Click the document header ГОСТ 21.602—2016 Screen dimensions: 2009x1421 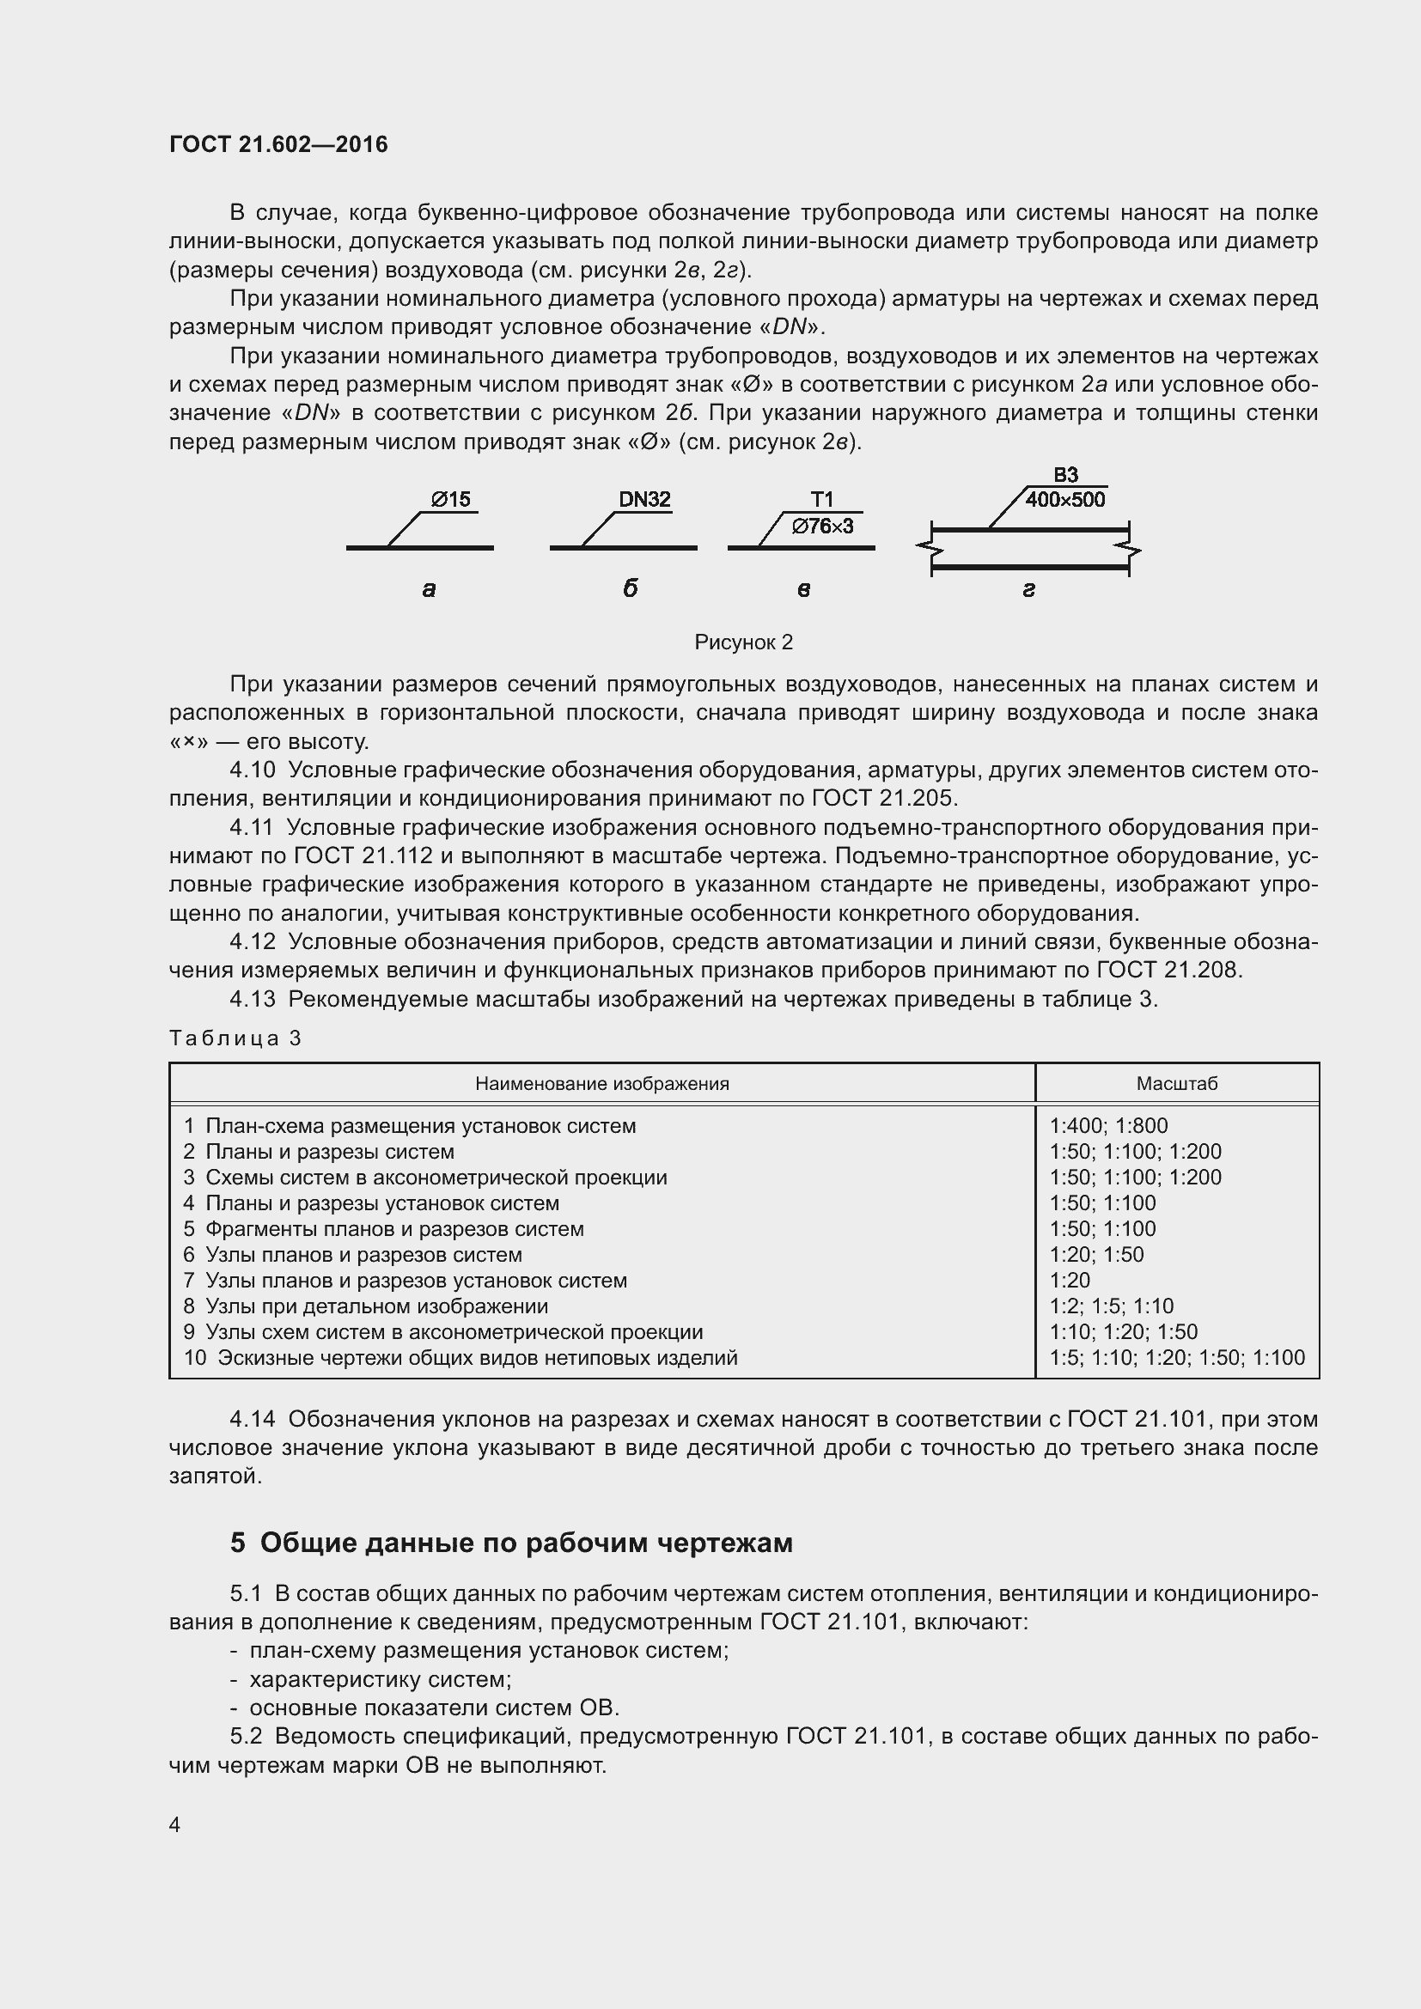coord(278,145)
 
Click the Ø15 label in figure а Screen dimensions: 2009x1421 coord(451,500)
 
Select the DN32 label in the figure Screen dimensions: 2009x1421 coord(645,500)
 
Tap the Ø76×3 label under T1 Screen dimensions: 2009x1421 coord(821,526)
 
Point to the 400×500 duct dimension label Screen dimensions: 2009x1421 coord(1064,500)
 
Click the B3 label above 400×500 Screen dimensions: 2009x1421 coord(1065,475)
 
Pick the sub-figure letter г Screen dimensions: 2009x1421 coord(1029,590)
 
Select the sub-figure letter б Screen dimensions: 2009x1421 coord(630,589)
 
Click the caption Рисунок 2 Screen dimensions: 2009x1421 coord(743,642)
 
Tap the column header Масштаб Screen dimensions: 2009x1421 coord(1177,1083)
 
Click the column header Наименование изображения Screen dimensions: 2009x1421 coord(602,1083)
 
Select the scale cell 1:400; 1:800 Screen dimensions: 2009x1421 coord(1107,1126)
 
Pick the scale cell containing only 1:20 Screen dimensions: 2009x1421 coord(1070,1280)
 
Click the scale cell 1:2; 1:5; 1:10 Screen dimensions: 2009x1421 coord(1111,1306)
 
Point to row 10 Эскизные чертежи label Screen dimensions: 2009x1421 coord(460,1358)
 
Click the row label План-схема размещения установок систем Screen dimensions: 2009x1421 coord(420,1126)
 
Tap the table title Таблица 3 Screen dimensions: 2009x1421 coord(235,1038)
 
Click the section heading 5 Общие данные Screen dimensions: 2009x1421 coord(511,1543)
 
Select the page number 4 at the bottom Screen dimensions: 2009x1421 coord(175,1824)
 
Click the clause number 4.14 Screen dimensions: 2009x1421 coord(252,1418)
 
